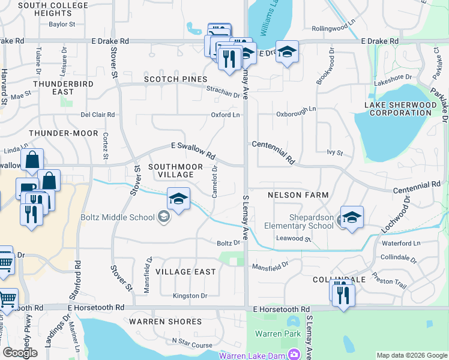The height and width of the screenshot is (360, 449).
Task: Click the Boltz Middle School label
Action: (x=118, y=217)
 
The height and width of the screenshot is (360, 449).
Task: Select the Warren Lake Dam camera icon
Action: (x=294, y=355)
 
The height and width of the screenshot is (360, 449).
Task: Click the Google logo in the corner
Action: (x=20, y=353)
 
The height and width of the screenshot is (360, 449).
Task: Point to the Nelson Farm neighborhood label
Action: (x=298, y=195)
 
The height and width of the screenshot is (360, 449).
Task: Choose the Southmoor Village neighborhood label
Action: (x=171, y=170)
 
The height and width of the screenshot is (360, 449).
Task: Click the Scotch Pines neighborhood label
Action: (x=175, y=79)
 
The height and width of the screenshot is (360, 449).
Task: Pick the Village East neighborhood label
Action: (x=185, y=272)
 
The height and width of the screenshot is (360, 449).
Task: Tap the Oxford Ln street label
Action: (x=225, y=115)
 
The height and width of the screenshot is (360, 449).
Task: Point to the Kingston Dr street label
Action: (x=190, y=296)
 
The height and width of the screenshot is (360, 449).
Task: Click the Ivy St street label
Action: (x=334, y=153)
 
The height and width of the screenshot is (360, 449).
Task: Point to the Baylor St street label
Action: (x=62, y=25)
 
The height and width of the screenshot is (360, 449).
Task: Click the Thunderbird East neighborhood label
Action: (x=63, y=88)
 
